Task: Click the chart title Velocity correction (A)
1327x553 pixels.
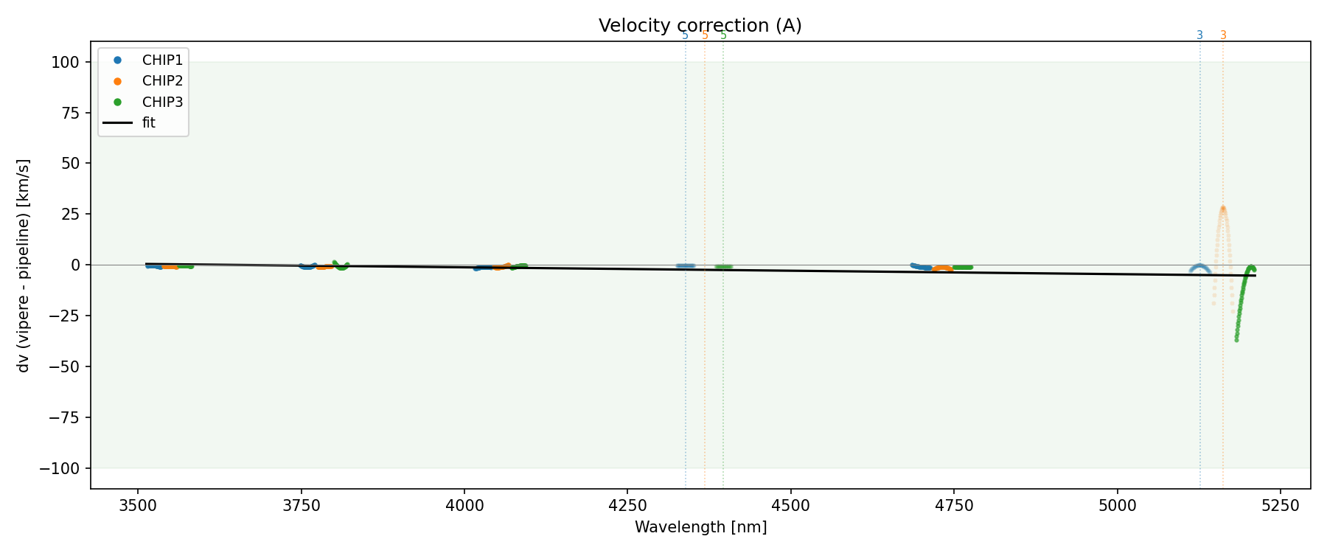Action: click(x=700, y=26)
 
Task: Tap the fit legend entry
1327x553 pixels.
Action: click(x=148, y=123)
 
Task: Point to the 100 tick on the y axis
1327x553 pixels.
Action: click(x=69, y=62)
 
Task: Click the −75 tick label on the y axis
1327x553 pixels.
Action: click(x=65, y=418)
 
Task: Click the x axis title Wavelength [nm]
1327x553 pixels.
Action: click(x=700, y=527)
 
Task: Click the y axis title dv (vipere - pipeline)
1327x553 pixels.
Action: click(x=24, y=265)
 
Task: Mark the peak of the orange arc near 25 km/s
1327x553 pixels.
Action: click(x=1222, y=208)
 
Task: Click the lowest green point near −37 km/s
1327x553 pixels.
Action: click(x=1236, y=340)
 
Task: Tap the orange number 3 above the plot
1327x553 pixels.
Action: click(x=1223, y=35)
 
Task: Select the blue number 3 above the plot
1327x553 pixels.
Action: click(x=1199, y=35)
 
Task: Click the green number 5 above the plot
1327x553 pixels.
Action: click(x=723, y=35)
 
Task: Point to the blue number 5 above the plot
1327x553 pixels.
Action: click(x=685, y=35)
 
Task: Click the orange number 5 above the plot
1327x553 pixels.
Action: click(x=705, y=35)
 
